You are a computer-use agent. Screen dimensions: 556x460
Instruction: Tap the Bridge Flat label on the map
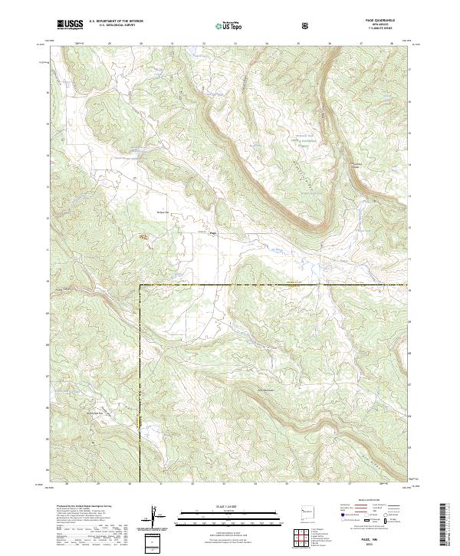coord(163,212)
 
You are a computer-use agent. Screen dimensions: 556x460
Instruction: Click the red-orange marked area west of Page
coord(143,238)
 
